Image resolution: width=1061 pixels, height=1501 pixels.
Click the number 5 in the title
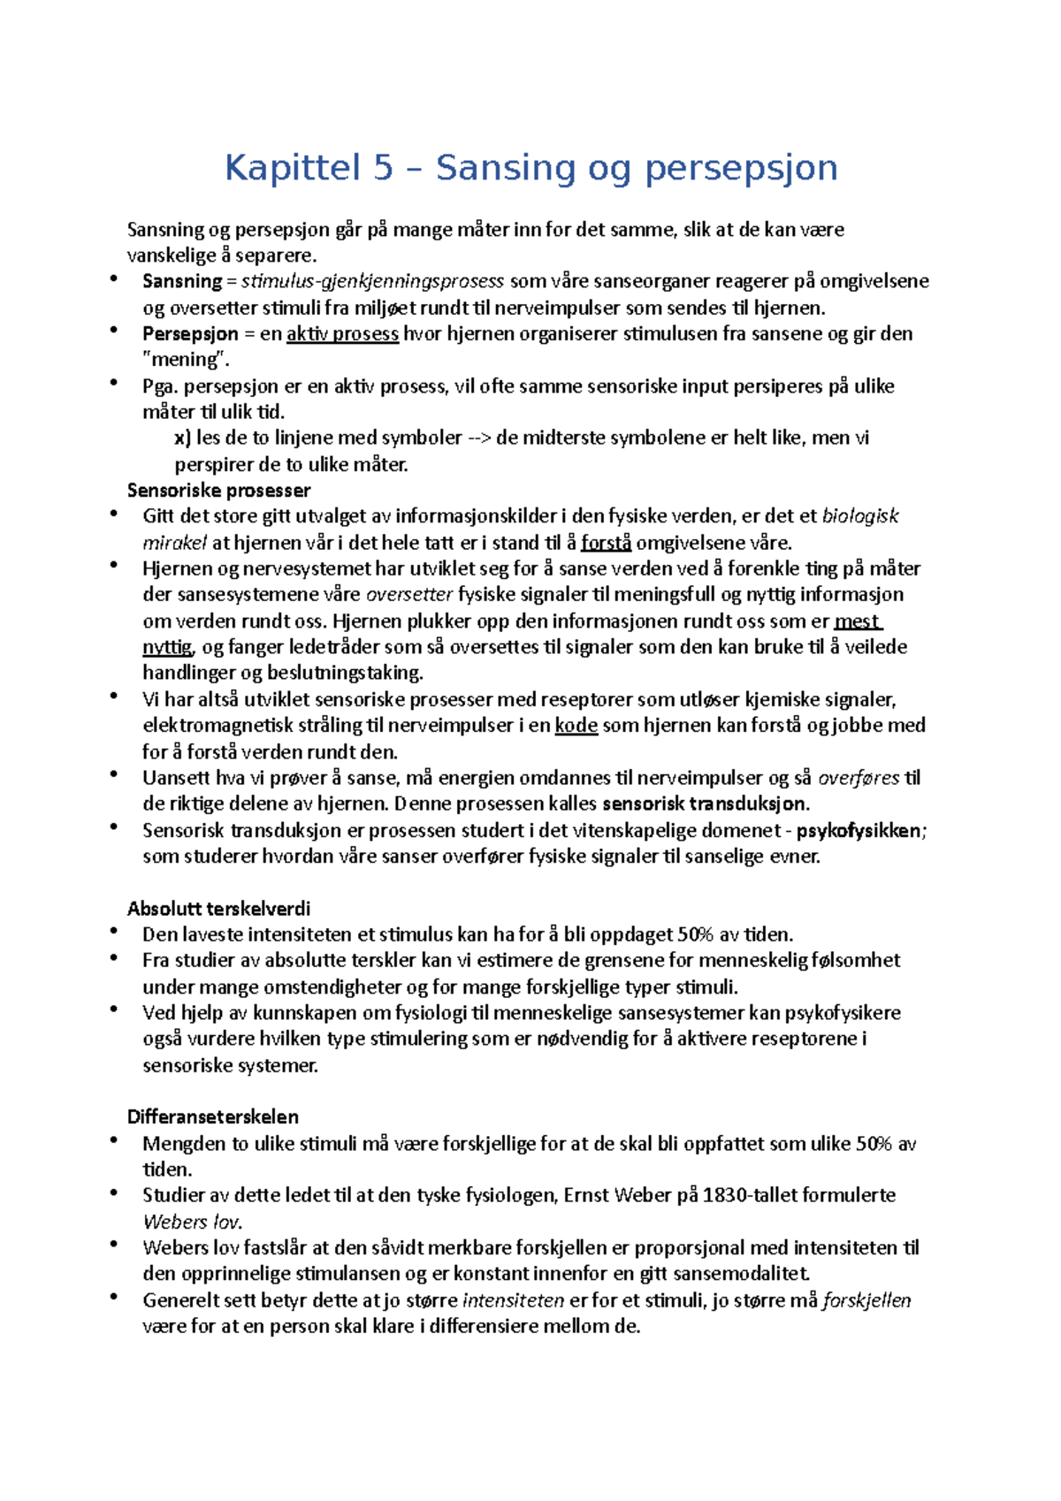click(382, 167)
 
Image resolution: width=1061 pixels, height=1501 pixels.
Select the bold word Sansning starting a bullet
click(182, 281)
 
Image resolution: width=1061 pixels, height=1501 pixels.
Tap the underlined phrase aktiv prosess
click(342, 333)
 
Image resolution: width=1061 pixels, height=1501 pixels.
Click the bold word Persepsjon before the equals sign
click(190, 333)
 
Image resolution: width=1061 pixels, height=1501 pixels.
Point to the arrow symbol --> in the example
click(478, 438)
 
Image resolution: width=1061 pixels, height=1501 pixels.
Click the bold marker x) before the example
click(182, 438)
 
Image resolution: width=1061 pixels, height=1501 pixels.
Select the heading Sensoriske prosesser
click(218, 490)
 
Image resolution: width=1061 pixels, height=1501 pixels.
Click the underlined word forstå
click(606, 543)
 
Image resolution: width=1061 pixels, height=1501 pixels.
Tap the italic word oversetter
click(408, 594)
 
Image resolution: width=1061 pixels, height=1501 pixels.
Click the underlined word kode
click(576, 726)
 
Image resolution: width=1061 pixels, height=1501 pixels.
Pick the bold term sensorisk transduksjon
click(704, 804)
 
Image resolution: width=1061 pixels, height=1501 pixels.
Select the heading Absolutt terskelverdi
click(218, 909)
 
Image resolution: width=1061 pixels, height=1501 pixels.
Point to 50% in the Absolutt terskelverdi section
click(694, 934)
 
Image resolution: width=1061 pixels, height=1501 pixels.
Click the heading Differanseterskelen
click(213, 1116)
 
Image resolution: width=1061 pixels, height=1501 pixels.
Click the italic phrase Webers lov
click(191, 1222)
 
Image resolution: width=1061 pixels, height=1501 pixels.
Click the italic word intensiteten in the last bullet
click(513, 1300)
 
